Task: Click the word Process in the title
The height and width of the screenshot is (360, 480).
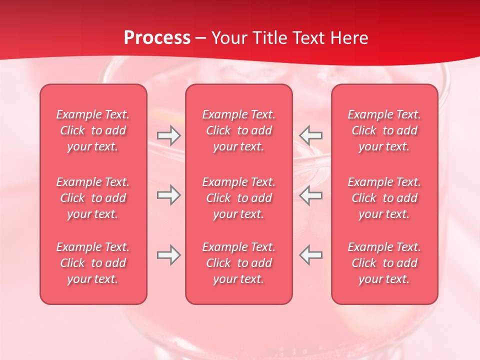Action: pyautogui.click(x=157, y=38)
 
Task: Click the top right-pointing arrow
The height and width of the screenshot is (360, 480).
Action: pyautogui.click(x=168, y=135)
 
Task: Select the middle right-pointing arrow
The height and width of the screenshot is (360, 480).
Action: pyautogui.click(x=168, y=195)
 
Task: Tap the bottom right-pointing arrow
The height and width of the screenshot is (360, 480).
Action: pyautogui.click(x=168, y=255)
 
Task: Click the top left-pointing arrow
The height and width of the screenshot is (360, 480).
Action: pyautogui.click(x=310, y=135)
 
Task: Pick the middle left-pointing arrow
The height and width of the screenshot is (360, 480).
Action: pyautogui.click(x=310, y=195)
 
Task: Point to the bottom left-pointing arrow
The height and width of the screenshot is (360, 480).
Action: pyautogui.click(x=310, y=255)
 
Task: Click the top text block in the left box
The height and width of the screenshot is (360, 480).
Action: pyautogui.click(x=93, y=130)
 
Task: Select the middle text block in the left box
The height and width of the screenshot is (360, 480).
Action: pyautogui.click(x=93, y=198)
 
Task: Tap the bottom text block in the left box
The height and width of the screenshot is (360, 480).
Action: pyautogui.click(x=93, y=263)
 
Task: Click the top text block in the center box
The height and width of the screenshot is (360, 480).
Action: pyautogui.click(x=238, y=130)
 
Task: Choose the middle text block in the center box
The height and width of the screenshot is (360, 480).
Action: pyautogui.click(x=238, y=198)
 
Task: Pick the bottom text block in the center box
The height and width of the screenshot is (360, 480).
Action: pyautogui.click(x=238, y=263)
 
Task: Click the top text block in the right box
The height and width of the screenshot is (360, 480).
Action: pyautogui.click(x=384, y=130)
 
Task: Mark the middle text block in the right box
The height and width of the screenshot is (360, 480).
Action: pyautogui.click(x=384, y=198)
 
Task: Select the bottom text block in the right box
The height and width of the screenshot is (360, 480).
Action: pyautogui.click(x=384, y=263)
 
